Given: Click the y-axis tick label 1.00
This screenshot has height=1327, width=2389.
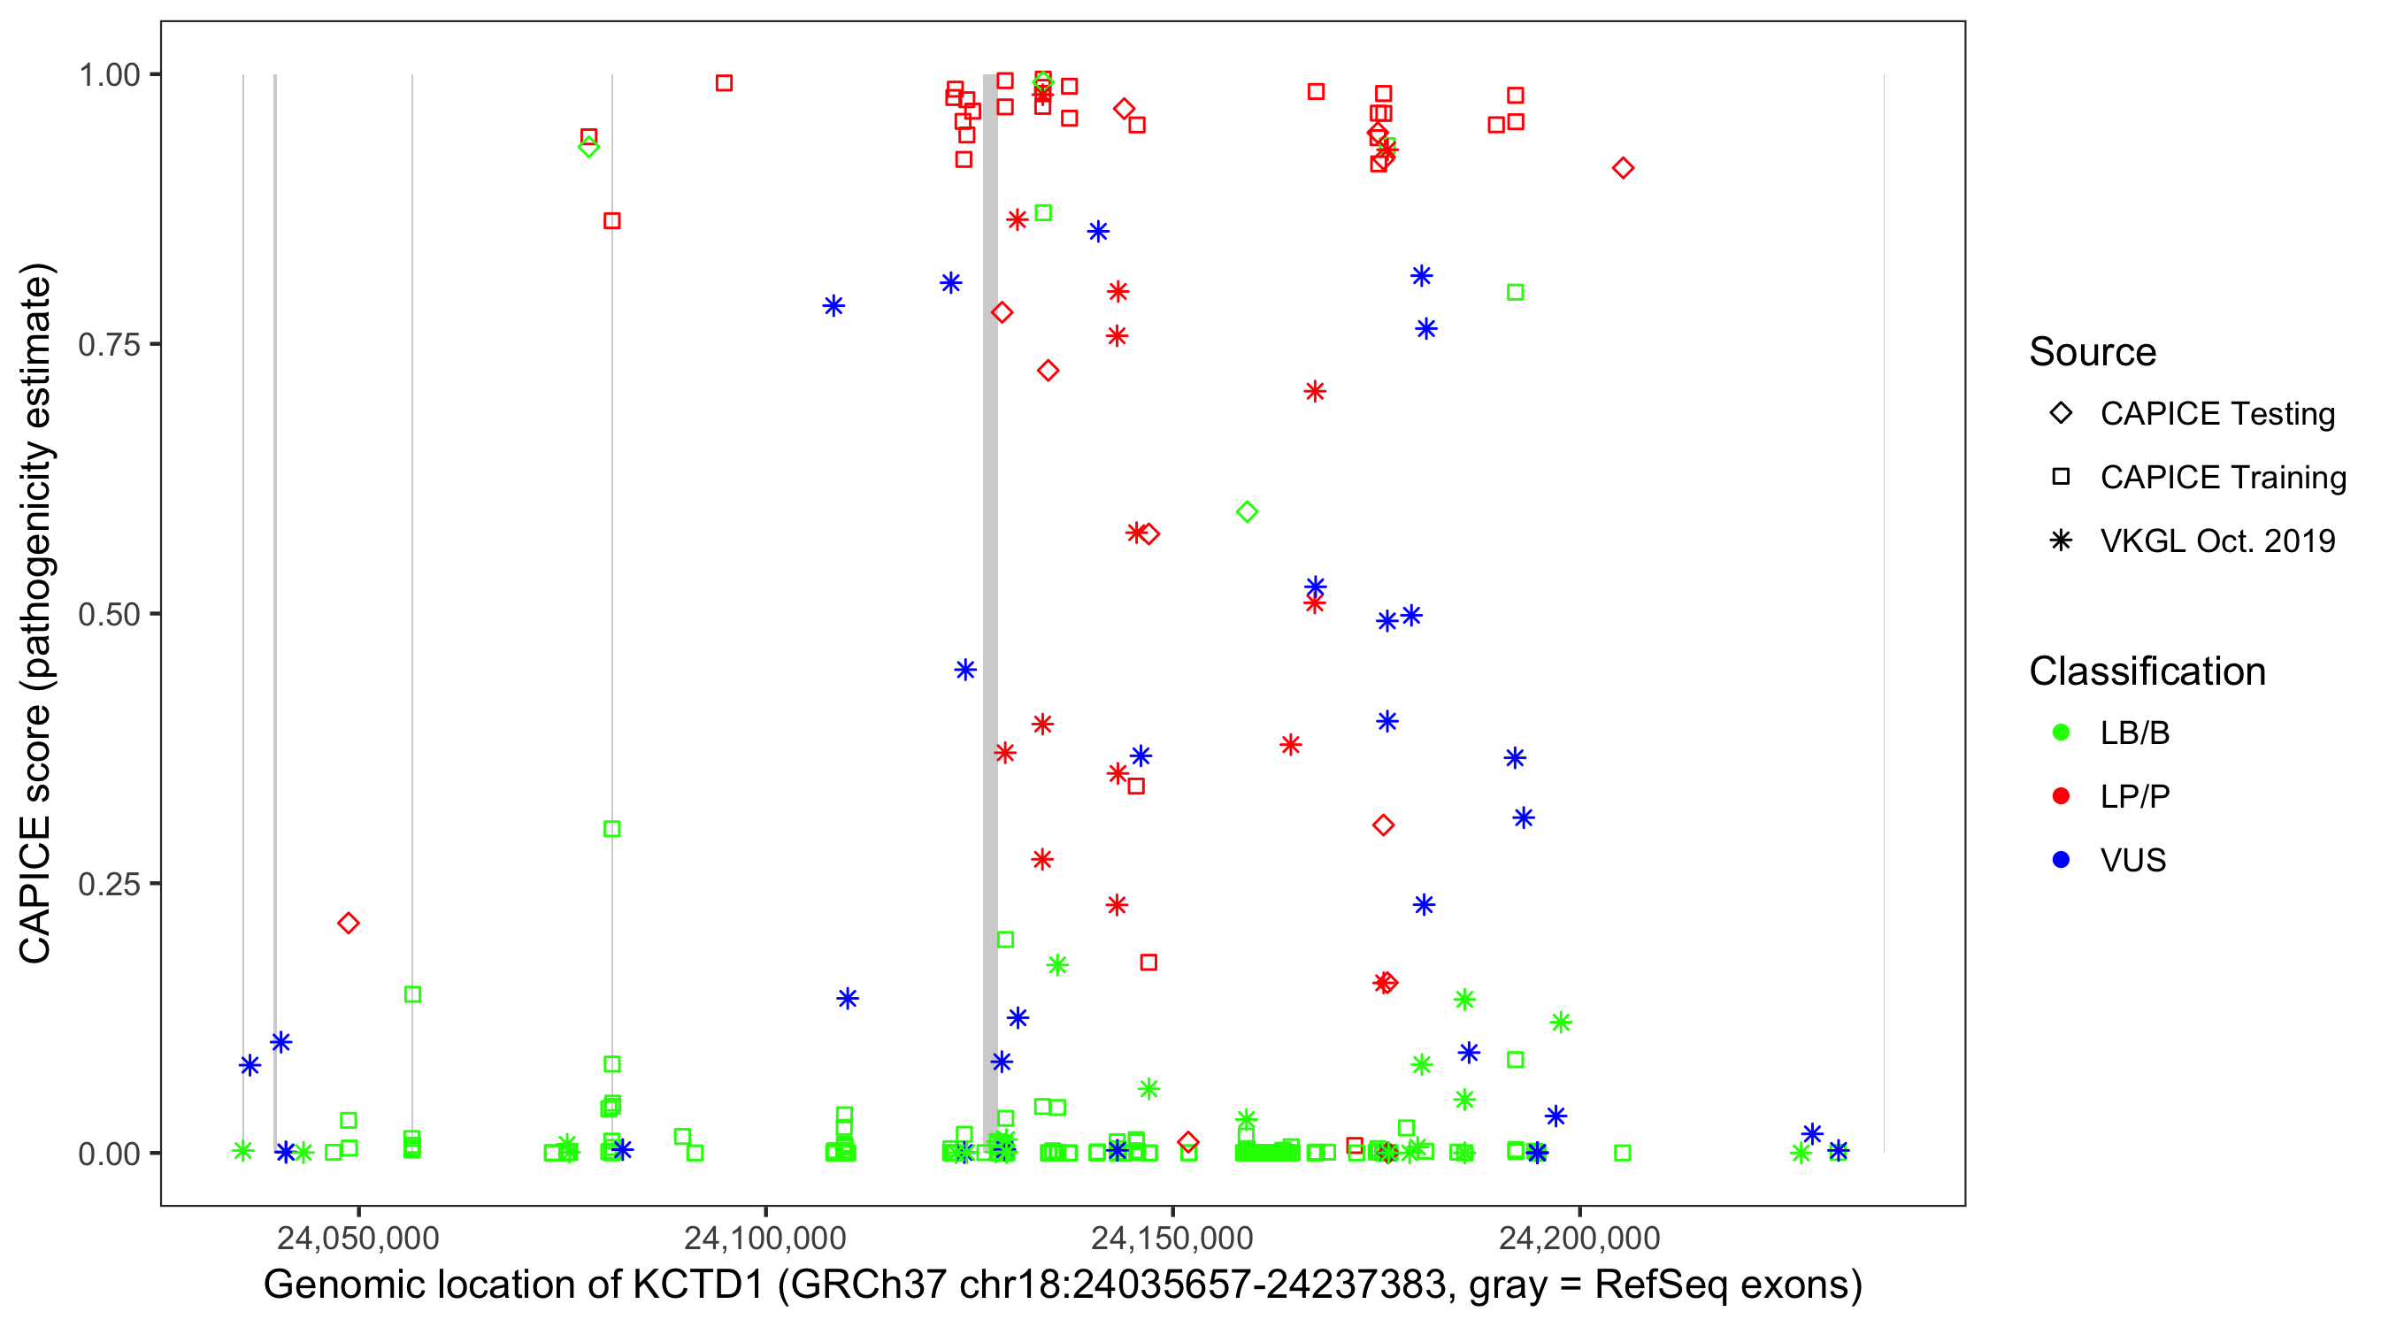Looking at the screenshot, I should pyautogui.click(x=108, y=74).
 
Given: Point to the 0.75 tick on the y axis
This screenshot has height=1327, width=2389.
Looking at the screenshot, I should pyautogui.click(x=108, y=344).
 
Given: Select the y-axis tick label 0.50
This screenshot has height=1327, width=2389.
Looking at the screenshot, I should pyautogui.click(x=108, y=614).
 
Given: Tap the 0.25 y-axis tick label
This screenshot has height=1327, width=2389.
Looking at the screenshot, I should pyautogui.click(x=108, y=884).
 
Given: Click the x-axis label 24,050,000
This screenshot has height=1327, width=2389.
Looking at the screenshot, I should pyautogui.click(x=358, y=1237).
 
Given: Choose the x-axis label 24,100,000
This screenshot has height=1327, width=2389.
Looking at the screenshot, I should pyautogui.click(x=765, y=1237).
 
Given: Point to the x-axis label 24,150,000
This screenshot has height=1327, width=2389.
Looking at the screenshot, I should pyautogui.click(x=1172, y=1237).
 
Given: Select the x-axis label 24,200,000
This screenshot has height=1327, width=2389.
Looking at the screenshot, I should pyautogui.click(x=1579, y=1237).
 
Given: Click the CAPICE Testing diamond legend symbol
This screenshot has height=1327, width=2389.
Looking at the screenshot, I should pyautogui.click(x=2061, y=414).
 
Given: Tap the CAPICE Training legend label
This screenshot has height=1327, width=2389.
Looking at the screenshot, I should pyautogui.click(x=2223, y=478).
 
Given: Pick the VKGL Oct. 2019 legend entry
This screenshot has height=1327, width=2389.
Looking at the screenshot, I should pyautogui.click(x=2216, y=541).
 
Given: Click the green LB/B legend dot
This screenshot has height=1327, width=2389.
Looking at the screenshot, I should pyautogui.click(x=2061, y=733).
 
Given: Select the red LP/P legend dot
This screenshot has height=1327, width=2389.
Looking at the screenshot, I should pyautogui.click(x=2061, y=796).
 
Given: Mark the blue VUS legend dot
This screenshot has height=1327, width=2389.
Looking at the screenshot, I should pyautogui.click(x=2061, y=860).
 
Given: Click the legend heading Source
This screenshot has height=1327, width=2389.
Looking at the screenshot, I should pyautogui.click(x=2093, y=352).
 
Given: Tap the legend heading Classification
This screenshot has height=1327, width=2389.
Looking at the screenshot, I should pyautogui.click(x=2147, y=671).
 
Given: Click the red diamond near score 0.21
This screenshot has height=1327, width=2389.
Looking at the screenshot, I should pyautogui.click(x=348, y=923).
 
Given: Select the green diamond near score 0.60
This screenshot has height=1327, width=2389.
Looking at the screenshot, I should pyautogui.click(x=1248, y=512).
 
